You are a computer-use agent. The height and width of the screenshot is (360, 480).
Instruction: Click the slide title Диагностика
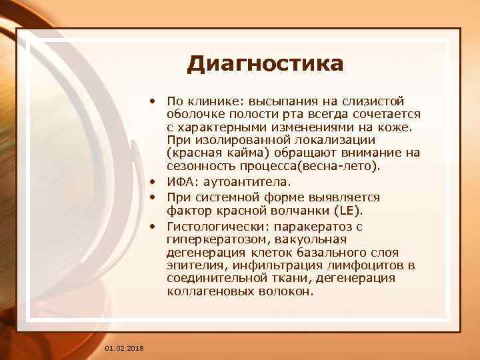pos(265,64)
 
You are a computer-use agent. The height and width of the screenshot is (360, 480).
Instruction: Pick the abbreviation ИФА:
pos(181,181)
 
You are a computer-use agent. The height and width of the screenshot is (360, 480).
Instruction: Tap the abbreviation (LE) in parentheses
pos(351,211)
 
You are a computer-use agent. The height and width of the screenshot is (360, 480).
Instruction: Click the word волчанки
pos(309,211)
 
